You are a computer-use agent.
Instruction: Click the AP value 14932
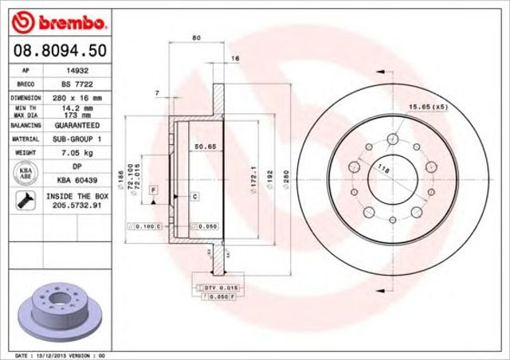click(x=76, y=71)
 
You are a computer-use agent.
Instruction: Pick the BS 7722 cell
click(x=76, y=83)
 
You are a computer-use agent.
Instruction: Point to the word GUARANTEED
click(x=76, y=126)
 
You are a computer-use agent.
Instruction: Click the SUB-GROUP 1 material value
click(x=76, y=139)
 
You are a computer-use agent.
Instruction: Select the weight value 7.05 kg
click(x=76, y=151)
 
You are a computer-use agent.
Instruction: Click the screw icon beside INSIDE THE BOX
click(x=24, y=200)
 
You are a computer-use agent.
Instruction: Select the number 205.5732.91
click(x=76, y=205)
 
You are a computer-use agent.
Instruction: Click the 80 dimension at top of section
click(x=196, y=38)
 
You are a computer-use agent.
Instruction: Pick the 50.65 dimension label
click(x=206, y=147)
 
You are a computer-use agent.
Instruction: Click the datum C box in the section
click(x=194, y=195)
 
